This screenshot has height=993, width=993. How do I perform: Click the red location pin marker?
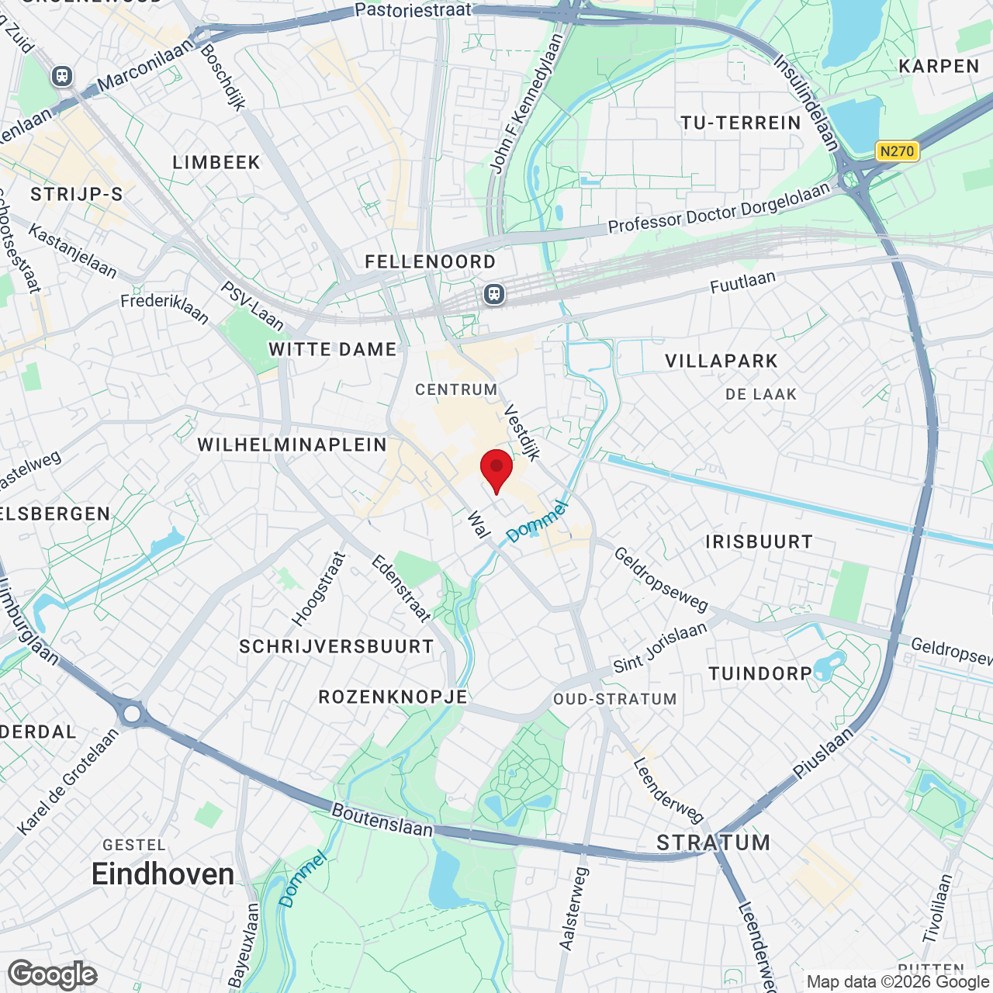pos(496,469)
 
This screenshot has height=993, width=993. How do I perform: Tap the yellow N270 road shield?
pos(897,151)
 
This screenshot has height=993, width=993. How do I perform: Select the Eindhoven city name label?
pos(163,874)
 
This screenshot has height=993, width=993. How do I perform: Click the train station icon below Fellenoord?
pos(494,294)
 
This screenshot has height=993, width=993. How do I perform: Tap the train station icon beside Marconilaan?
pos(62,76)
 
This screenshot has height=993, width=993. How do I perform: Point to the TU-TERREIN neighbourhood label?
pos(740,123)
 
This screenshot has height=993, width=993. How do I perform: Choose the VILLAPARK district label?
pos(721,361)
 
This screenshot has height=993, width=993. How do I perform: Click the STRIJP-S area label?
pos(77,194)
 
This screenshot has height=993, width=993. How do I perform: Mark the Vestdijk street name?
pos(522,432)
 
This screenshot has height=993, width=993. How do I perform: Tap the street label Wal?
pos(479,524)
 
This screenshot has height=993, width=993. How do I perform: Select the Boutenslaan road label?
pos(382,820)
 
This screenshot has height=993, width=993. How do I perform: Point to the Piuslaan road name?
pos(823,753)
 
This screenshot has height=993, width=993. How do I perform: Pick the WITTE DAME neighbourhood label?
pos(333,349)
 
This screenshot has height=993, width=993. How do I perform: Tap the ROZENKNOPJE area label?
pos(393,697)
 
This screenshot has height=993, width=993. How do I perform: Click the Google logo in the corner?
pos(53,974)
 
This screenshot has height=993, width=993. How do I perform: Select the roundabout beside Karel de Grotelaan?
pos(132,713)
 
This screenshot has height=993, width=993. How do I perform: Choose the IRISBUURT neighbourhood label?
pos(759,541)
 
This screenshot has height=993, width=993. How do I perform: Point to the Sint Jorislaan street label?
pos(660,647)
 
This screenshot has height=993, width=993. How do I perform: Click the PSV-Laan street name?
pos(253,305)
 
